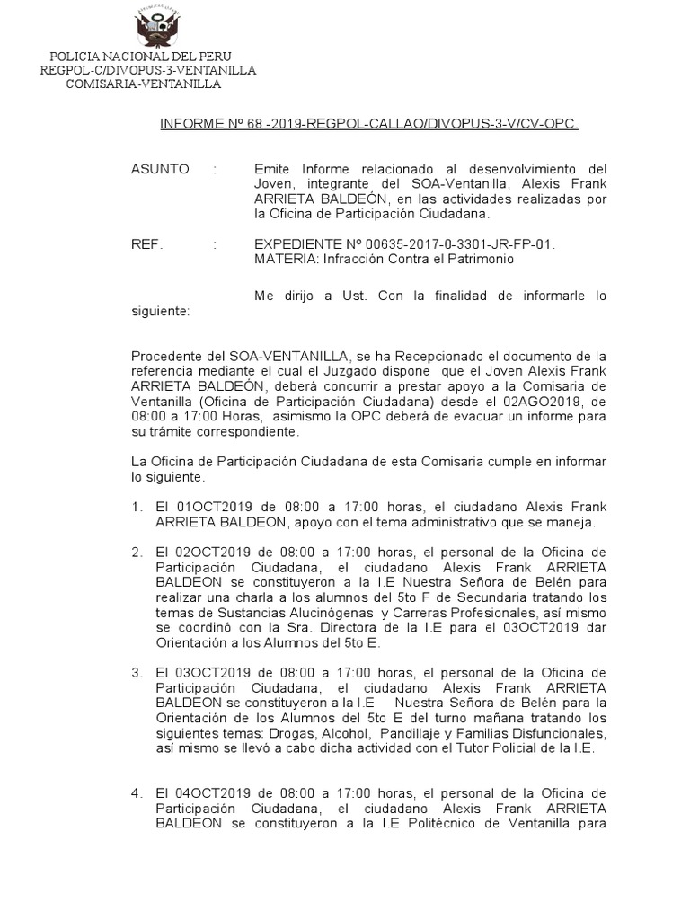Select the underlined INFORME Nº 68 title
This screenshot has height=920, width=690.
pos(368,127)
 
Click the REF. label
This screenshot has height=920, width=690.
pos(147,244)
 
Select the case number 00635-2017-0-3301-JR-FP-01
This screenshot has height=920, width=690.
pos(464,244)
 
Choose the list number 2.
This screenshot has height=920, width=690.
pos(136,551)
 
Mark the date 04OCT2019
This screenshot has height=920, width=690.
pos(207,793)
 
